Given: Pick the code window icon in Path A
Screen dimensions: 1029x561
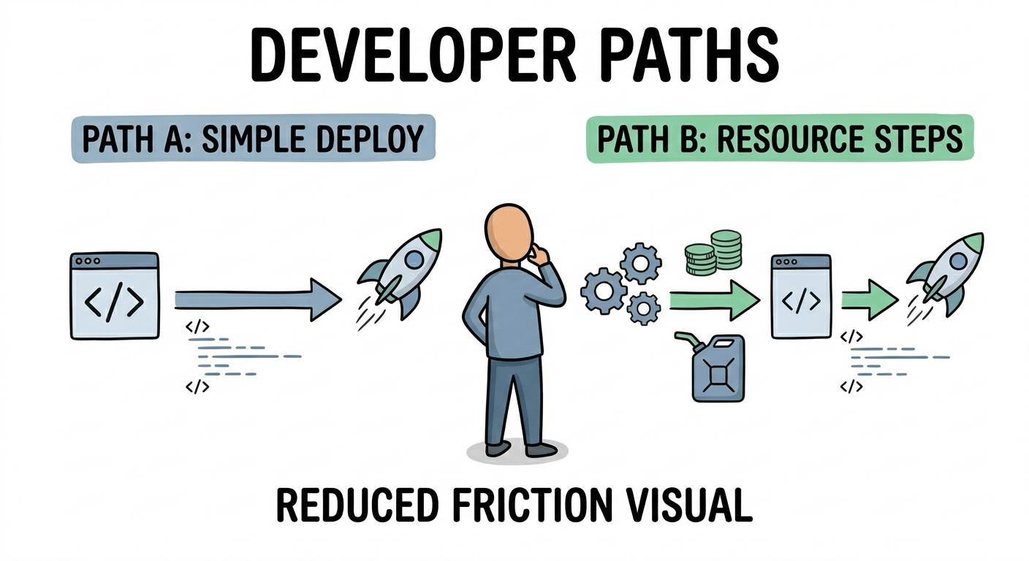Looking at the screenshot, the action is (115, 296).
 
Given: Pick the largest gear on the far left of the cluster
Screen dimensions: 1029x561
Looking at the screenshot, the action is (604, 290).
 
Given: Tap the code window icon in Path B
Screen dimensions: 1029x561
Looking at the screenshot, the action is (801, 296).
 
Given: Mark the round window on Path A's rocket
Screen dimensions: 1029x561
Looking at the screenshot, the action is (413, 258).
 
